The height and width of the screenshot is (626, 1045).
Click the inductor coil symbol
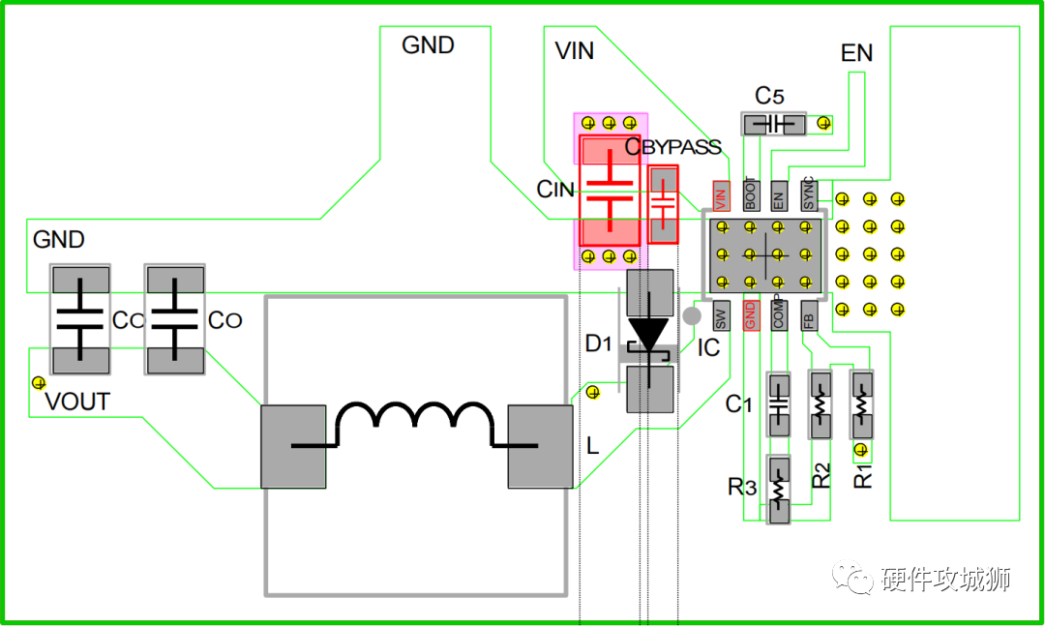414,424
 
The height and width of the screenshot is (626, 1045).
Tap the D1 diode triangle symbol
648,335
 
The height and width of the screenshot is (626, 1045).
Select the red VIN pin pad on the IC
721,196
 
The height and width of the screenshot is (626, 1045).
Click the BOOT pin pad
751,196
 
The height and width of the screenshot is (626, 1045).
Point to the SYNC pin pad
808,196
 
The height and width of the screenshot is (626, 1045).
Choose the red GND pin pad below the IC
751,315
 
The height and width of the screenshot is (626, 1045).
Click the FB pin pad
808,315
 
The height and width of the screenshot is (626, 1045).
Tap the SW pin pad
721,315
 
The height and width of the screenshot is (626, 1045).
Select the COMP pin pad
778,315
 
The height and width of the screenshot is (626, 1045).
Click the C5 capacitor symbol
774,124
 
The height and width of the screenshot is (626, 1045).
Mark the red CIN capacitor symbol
610,191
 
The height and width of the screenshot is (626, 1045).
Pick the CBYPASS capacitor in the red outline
663,204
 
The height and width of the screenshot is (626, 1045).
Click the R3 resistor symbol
778,490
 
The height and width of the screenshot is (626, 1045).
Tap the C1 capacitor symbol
778,404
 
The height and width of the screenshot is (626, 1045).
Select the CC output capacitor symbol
80,319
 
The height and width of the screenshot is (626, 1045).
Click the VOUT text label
77,402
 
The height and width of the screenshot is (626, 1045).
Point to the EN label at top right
856,52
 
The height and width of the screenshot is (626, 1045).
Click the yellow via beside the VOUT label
39,383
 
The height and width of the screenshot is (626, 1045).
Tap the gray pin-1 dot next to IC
692,315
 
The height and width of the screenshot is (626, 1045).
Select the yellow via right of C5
823,123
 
